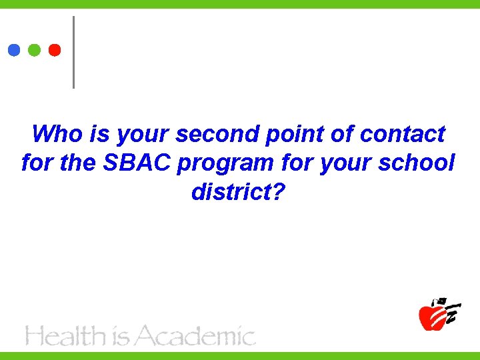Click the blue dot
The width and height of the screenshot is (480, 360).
[x=14, y=50]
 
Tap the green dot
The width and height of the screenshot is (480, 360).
[x=35, y=50]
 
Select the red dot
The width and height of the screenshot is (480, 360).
[x=55, y=50]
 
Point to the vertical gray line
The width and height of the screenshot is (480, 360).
[x=73, y=52]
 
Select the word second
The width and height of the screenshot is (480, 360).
[x=217, y=134]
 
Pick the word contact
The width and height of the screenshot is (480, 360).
[x=402, y=134]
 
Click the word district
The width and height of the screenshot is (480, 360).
[x=231, y=192]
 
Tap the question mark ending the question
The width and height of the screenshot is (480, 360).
[x=279, y=192]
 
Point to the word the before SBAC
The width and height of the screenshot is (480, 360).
[x=77, y=163]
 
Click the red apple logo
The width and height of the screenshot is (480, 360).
[x=433, y=315]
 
